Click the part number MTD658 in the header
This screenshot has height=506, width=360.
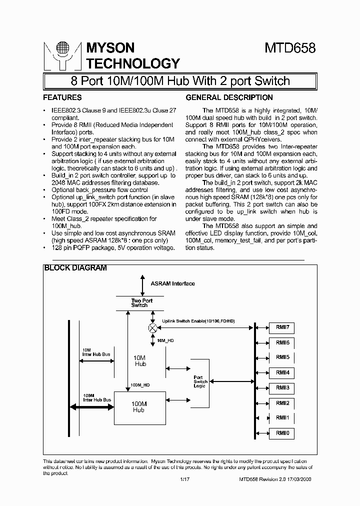pos(290,48)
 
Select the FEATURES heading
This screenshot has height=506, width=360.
pos(62,97)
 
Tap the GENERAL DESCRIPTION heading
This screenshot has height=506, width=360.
pos(229,97)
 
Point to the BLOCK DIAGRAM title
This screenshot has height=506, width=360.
pos(75,268)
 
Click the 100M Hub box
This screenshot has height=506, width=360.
pos(138,406)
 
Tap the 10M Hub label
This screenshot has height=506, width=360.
pos(140,361)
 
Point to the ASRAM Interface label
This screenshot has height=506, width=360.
pos(173,283)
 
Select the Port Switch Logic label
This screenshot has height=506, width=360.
pos(200,381)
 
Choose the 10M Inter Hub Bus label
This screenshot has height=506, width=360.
pos(96,352)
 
